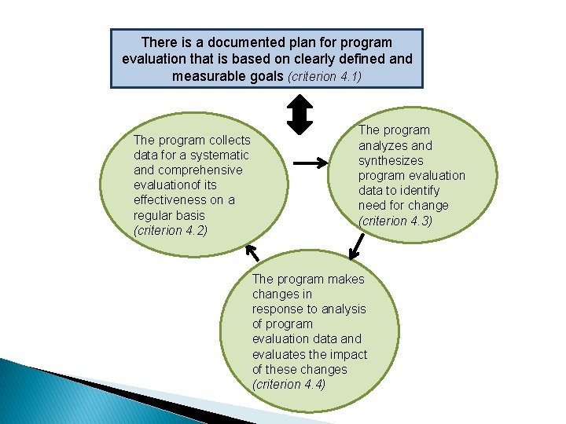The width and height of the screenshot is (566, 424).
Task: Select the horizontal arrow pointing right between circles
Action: point(311,163)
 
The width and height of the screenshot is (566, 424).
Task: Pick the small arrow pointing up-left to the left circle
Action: point(252,252)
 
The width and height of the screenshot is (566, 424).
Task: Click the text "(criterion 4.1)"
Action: point(325,77)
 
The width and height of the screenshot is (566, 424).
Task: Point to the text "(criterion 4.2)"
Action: point(170,230)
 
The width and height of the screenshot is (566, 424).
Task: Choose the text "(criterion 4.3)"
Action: point(395,221)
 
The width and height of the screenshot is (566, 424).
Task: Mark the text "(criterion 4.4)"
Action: point(289,384)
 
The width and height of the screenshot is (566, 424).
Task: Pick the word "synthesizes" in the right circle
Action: point(391,160)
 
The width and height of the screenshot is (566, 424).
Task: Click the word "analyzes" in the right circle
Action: point(383,145)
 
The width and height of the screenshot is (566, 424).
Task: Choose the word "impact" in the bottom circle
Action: point(350,354)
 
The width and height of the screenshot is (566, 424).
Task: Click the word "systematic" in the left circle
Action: point(219,155)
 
